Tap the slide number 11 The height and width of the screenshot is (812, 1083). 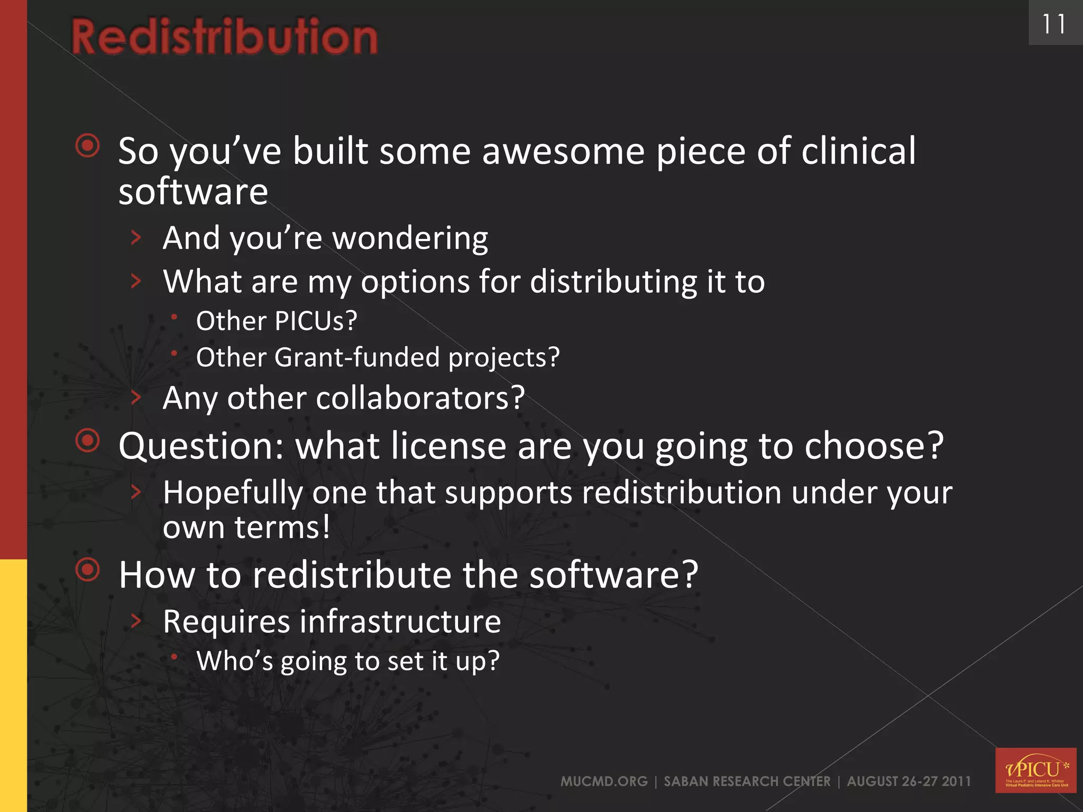click(x=1053, y=24)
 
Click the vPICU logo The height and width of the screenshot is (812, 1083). click(x=1035, y=770)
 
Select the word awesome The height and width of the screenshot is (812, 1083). click(x=563, y=151)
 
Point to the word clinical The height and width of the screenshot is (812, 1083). click(x=858, y=151)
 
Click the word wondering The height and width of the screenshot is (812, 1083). click(x=410, y=239)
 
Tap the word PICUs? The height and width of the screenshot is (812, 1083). click(x=316, y=321)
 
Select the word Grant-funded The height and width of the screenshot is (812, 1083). click(x=357, y=357)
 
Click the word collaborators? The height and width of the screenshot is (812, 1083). click(x=420, y=398)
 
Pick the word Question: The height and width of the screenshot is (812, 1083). click(x=201, y=447)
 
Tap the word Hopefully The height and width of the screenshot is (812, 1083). click(x=233, y=493)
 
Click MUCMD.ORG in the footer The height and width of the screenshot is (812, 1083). click(x=604, y=781)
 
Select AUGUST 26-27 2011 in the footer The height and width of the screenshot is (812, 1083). click(x=909, y=781)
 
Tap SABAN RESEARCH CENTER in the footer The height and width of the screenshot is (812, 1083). click(x=747, y=781)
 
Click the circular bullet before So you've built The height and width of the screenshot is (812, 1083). click(x=88, y=145)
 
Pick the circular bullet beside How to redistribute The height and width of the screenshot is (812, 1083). click(x=88, y=569)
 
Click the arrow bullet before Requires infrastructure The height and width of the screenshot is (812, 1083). click(x=136, y=621)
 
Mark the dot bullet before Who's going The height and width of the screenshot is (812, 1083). click(x=174, y=657)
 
